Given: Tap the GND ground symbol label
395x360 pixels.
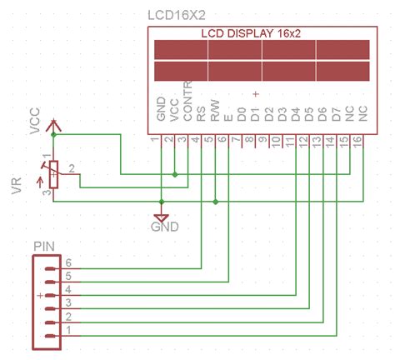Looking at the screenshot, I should (164, 226).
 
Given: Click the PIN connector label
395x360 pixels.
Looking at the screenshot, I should (45, 247).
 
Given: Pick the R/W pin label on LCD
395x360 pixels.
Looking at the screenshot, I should (215, 111).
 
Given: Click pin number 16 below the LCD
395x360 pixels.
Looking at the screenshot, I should (357, 142).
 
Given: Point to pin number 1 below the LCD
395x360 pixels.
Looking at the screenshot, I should (155, 142).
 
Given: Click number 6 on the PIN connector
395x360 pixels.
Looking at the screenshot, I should (68, 262).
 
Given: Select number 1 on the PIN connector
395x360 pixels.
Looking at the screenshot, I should (68, 331).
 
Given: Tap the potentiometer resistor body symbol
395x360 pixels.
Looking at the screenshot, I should (54, 173).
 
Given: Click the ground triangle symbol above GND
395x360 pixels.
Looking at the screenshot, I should (162, 215).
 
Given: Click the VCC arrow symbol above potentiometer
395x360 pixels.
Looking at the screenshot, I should (54, 125).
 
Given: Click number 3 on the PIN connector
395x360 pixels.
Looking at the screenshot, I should (68, 303).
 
